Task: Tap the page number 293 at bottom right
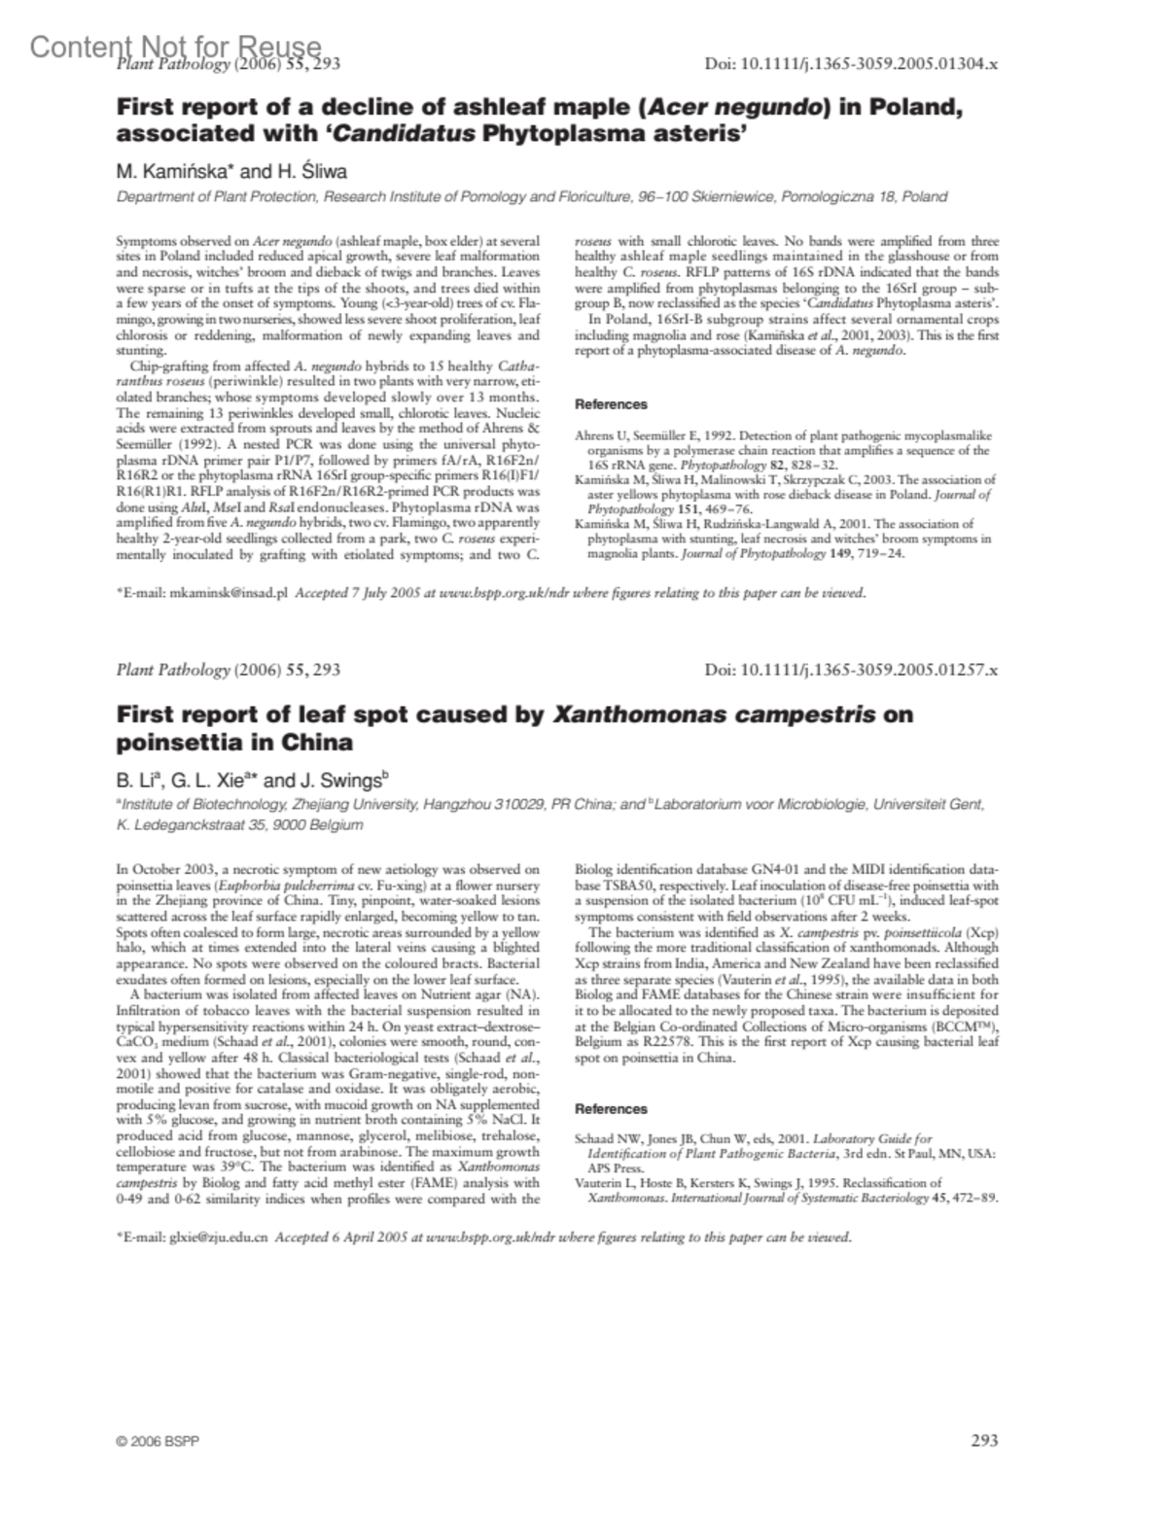[984, 1441]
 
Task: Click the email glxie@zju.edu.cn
[220, 1237]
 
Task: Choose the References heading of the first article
[611, 404]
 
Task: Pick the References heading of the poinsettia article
[611, 1108]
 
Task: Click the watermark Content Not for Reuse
[175, 46]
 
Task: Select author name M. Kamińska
[171, 172]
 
